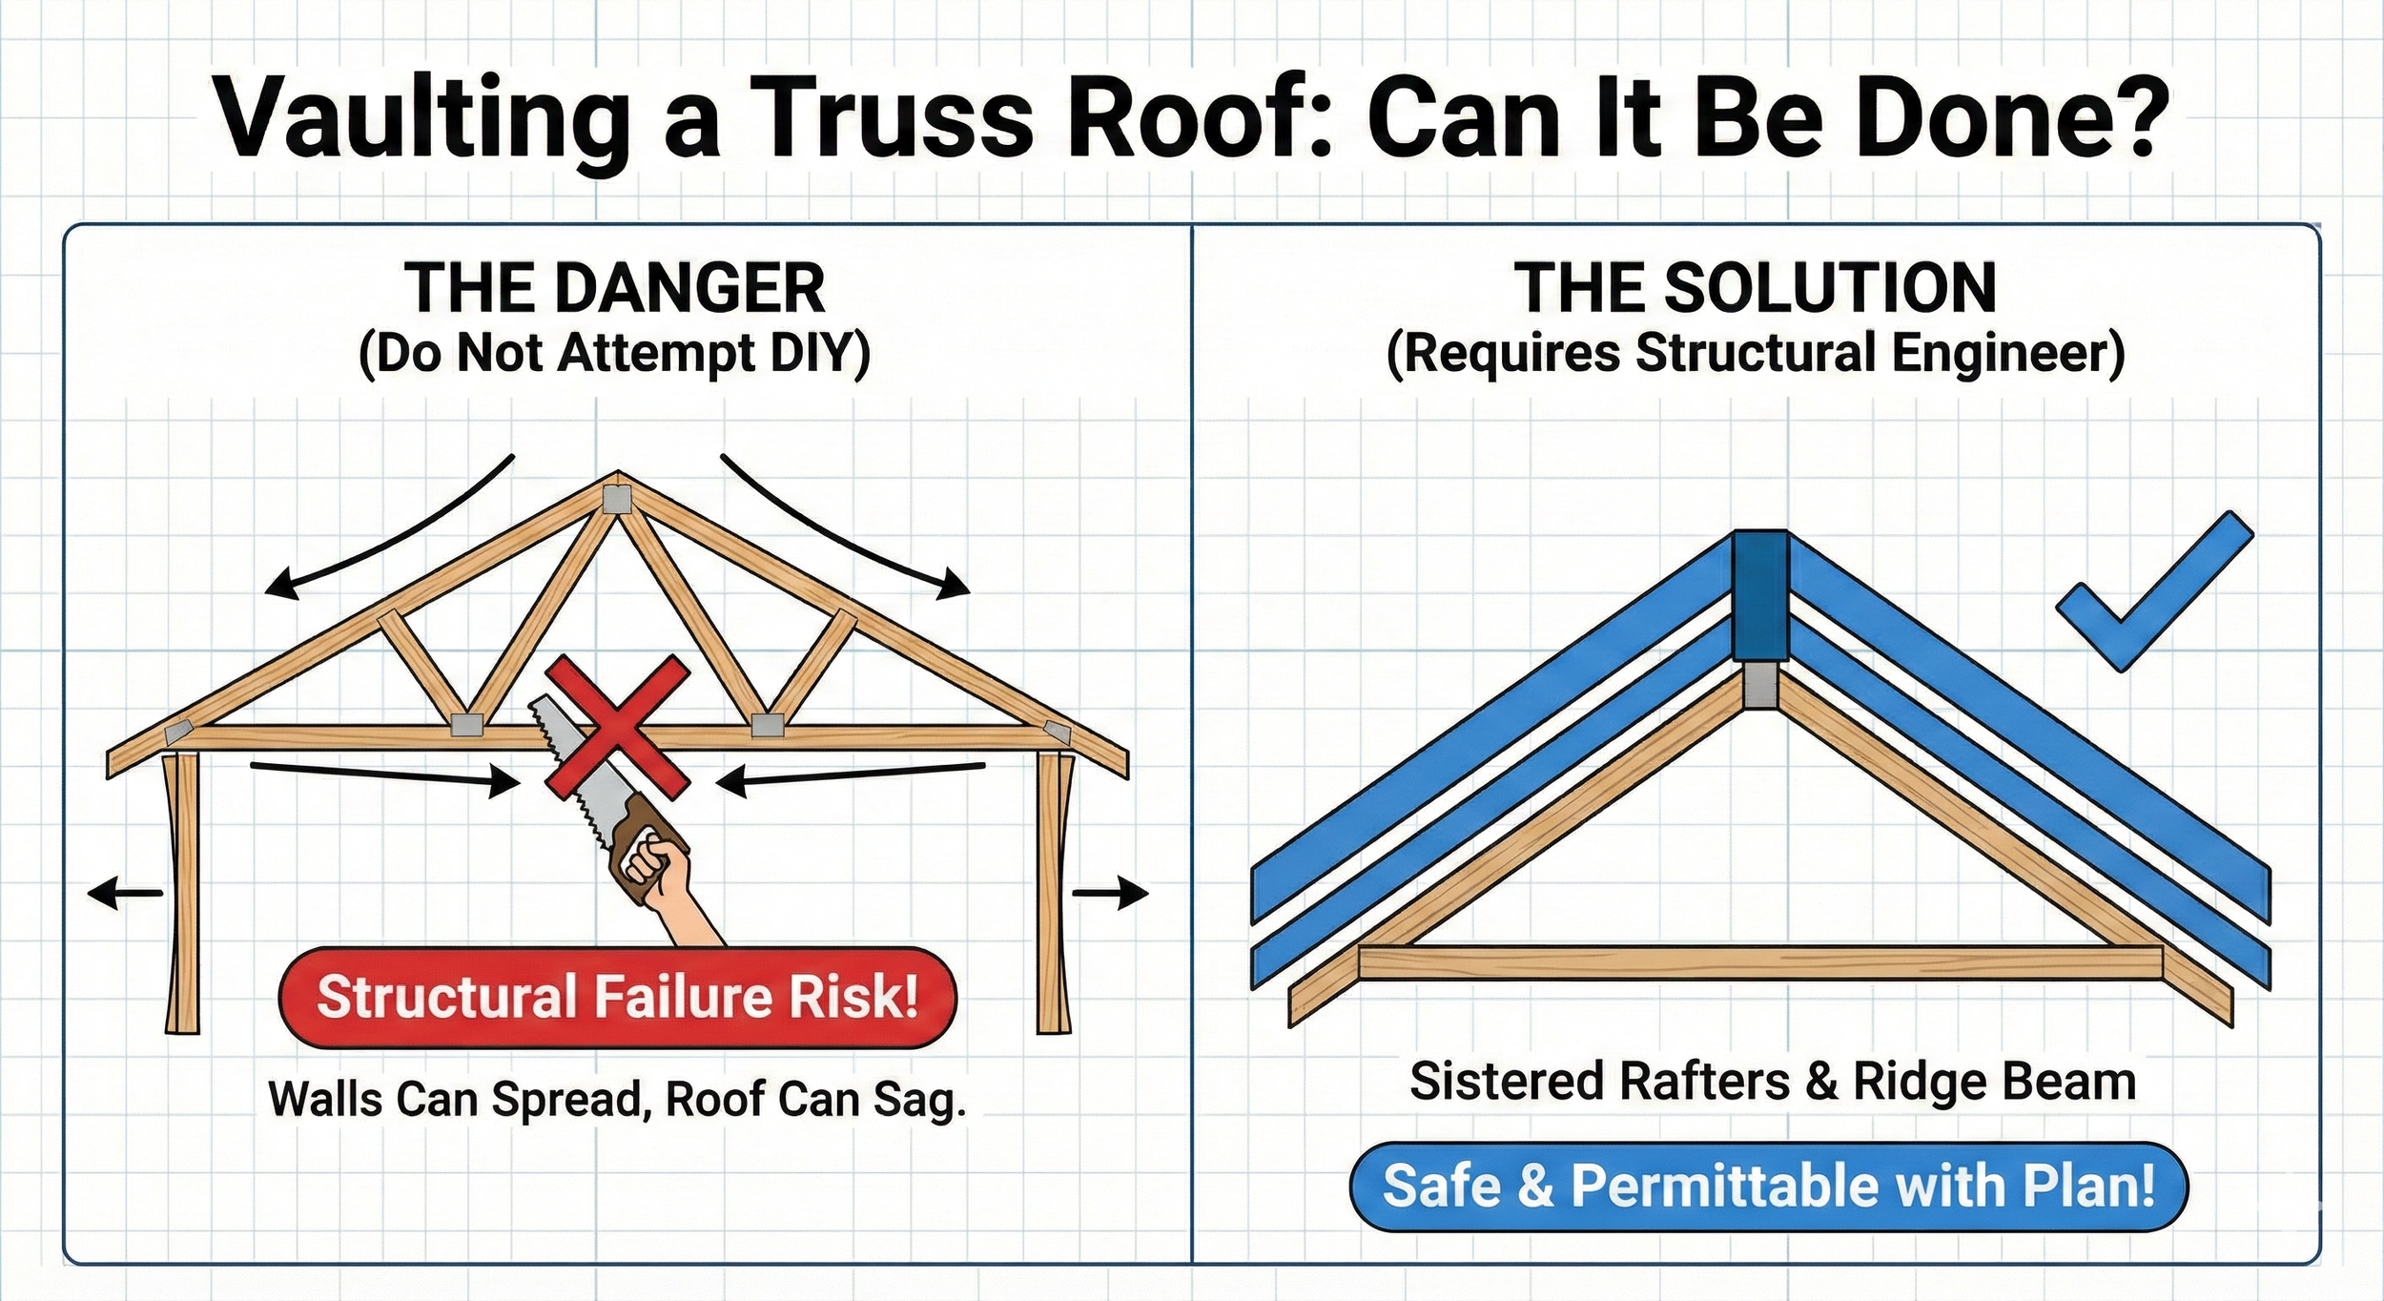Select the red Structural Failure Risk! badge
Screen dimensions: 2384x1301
(617, 998)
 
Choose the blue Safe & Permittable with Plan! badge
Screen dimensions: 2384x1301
(1768, 1187)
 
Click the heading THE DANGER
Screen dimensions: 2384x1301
(615, 288)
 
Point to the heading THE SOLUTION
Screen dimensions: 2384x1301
(1755, 288)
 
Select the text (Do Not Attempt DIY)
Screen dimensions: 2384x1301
(615, 354)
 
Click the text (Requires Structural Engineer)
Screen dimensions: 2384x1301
(1755, 354)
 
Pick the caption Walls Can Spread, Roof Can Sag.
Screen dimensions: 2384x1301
(617, 1099)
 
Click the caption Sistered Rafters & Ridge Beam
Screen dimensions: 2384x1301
(1773, 1082)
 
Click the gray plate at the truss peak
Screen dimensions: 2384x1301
(617, 500)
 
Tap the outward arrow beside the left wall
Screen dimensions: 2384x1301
(124, 894)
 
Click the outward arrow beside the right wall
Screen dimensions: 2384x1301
(1112, 894)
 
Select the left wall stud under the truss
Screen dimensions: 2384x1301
(182, 892)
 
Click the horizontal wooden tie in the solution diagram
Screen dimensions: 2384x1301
(1759, 962)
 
